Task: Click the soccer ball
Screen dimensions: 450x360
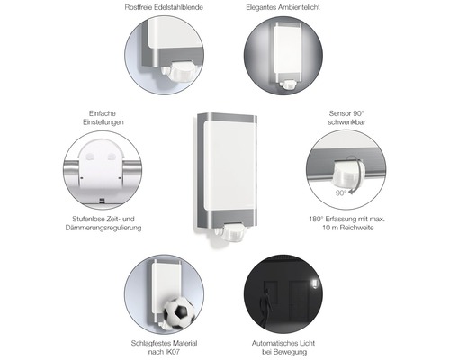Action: [x=179, y=313]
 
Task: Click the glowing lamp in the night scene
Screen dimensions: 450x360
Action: [x=314, y=283]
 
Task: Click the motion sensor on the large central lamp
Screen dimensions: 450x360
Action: [x=231, y=233]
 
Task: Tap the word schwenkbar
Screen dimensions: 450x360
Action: [x=346, y=122]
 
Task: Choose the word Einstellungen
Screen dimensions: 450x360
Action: [x=103, y=122]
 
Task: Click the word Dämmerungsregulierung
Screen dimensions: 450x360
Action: [x=103, y=228]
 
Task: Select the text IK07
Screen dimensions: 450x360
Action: [x=173, y=352]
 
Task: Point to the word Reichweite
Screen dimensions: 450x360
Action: [x=356, y=228]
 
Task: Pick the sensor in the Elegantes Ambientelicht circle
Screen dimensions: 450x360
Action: [x=289, y=85]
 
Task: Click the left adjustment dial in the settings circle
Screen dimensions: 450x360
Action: [x=90, y=157]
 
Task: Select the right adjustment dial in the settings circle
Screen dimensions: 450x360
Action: [x=112, y=157]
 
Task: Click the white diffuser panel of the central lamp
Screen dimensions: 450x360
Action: [x=230, y=166]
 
